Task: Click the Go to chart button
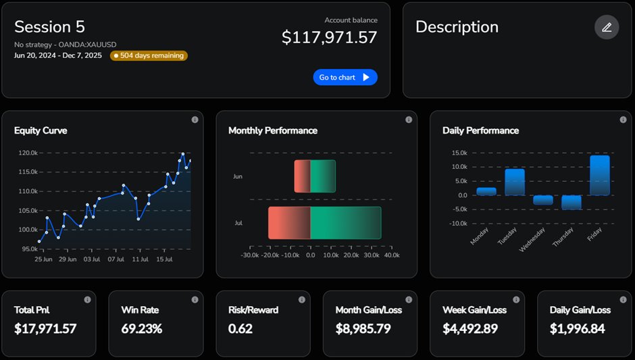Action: point(345,77)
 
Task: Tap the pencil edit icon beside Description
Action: point(606,27)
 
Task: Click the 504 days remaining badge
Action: point(149,55)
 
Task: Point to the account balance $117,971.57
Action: point(329,37)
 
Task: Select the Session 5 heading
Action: point(49,27)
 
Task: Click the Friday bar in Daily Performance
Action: point(599,175)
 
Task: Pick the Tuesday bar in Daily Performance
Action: point(514,182)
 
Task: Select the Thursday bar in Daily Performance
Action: point(571,202)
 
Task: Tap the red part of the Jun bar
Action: point(302,176)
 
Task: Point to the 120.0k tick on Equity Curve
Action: point(28,153)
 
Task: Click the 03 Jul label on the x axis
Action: point(91,259)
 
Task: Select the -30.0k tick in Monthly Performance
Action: point(250,255)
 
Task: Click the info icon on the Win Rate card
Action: point(195,299)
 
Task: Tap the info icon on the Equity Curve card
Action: point(195,120)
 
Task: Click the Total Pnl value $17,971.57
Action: point(45,329)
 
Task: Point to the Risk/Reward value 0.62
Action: point(240,329)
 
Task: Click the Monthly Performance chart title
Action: point(272,130)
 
